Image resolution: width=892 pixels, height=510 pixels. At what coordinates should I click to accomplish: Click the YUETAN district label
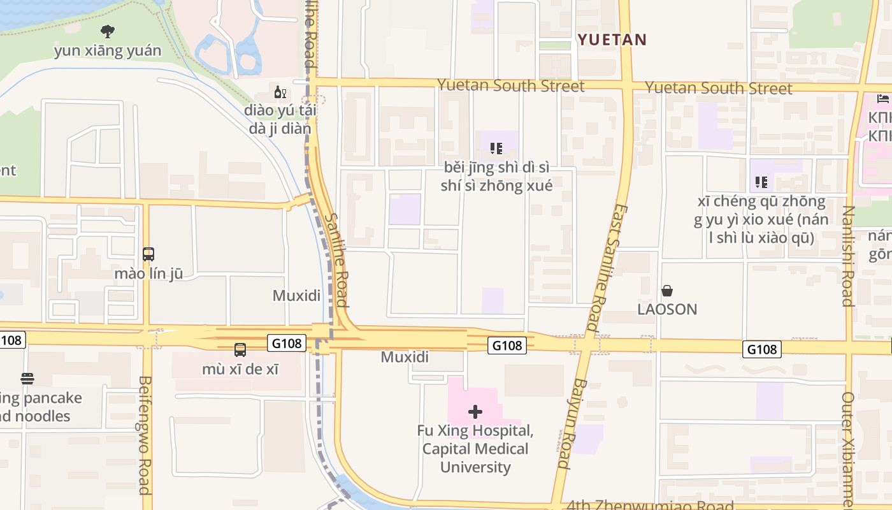click(x=612, y=40)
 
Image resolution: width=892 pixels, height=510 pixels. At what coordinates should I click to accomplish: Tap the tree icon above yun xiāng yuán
click(x=108, y=31)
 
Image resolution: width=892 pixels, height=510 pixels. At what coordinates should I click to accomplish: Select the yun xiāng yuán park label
click(x=108, y=51)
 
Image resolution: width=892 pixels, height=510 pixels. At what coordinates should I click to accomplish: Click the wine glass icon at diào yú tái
click(x=280, y=92)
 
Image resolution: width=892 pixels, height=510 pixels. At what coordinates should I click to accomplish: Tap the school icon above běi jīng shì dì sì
click(x=496, y=149)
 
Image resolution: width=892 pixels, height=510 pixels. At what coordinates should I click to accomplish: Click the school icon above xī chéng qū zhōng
click(x=761, y=183)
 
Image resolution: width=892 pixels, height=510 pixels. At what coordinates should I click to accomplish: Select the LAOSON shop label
click(x=667, y=309)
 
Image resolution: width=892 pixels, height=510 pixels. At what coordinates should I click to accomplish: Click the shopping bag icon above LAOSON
click(x=667, y=291)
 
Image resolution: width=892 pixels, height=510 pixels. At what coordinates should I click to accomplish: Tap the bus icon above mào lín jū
click(x=148, y=254)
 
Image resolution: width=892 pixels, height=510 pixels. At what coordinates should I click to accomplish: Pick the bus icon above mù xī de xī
click(x=240, y=349)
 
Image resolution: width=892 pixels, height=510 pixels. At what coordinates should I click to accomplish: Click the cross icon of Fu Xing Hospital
click(x=475, y=412)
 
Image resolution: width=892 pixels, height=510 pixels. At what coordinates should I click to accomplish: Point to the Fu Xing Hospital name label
click(x=475, y=449)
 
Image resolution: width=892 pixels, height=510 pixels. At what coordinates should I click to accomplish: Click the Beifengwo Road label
click(x=145, y=435)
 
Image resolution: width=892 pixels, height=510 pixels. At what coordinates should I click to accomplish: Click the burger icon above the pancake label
click(x=27, y=379)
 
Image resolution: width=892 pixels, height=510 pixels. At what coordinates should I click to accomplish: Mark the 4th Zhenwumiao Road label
click(x=650, y=505)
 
